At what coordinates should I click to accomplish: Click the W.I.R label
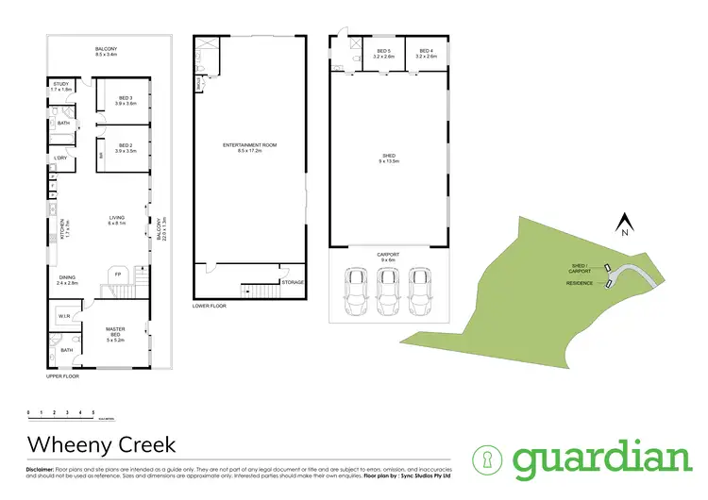[64, 316]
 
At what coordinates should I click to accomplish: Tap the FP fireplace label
[118, 274]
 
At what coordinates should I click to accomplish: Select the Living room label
[117, 221]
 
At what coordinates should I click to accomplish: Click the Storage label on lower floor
[293, 282]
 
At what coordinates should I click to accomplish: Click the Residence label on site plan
[579, 283]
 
